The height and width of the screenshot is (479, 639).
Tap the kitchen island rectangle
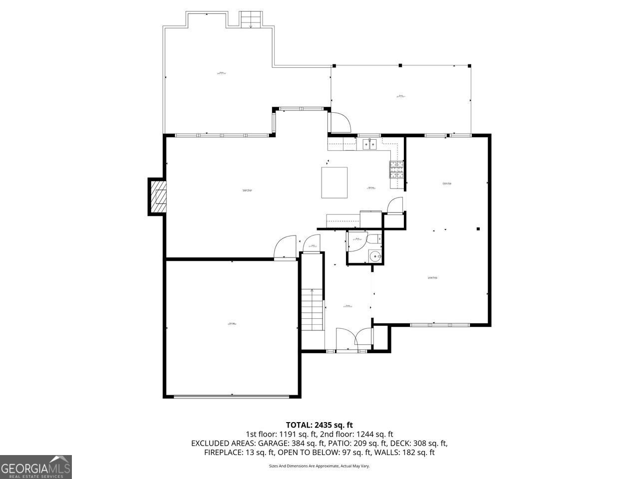(334, 183)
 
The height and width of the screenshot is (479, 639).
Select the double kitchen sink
(369, 144)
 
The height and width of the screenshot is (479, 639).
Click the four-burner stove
(396, 170)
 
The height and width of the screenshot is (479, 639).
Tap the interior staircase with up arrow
(312, 309)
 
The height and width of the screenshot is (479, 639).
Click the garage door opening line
(232, 397)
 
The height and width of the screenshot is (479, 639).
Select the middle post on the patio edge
(400, 65)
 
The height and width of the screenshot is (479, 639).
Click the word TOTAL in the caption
(299, 425)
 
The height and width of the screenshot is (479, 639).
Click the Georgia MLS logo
(35, 467)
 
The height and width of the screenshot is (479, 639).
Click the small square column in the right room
(478, 229)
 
